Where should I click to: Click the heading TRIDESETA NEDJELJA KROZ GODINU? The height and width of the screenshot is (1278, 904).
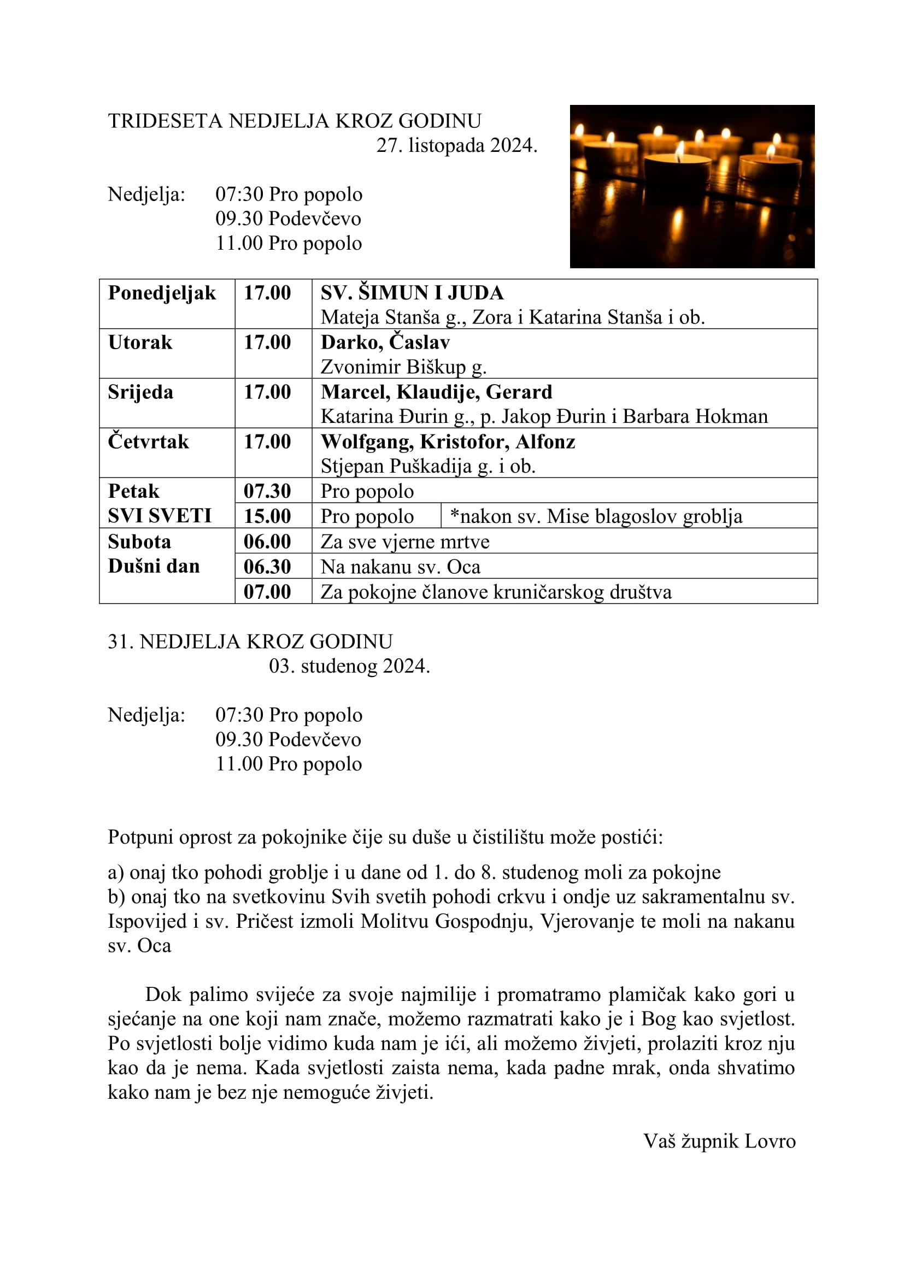tap(295, 121)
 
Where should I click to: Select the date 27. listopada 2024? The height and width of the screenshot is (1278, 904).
tap(456, 145)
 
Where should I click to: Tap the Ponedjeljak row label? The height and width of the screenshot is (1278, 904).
tap(162, 293)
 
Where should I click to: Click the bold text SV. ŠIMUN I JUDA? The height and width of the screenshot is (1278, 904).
tap(412, 293)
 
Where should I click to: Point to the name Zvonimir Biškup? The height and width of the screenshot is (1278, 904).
tap(393, 367)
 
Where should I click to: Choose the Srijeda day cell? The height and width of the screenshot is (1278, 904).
tap(140, 392)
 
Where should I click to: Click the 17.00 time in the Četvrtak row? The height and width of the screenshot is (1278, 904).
tap(267, 441)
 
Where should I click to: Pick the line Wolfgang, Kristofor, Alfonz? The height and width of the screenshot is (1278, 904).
tap(448, 441)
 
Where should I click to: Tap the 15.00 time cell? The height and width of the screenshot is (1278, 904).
tap(267, 516)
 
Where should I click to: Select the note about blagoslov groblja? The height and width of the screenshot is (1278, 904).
tap(596, 516)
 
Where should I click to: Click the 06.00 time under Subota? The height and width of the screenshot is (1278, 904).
tap(267, 541)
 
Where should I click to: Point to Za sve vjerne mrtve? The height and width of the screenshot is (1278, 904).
tap(404, 541)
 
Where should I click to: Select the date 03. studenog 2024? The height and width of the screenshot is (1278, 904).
tap(349, 665)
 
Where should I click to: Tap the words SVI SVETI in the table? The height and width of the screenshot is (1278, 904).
tap(160, 516)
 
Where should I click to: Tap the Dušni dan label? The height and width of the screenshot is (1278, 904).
tap(154, 566)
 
